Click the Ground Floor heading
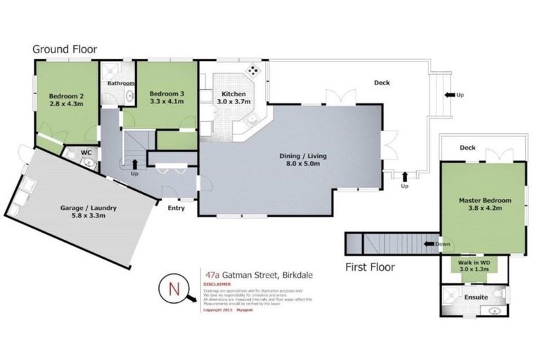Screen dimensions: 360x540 pos(65,49)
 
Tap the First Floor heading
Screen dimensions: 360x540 pos(370,266)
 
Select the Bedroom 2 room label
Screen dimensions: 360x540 pos(66,96)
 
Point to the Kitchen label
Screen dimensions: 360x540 pos(233,94)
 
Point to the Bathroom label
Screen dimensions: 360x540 pos(120,84)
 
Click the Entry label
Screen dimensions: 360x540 pos(176,208)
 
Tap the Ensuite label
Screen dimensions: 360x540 pos(476,297)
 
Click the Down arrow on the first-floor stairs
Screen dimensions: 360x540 pos(430,244)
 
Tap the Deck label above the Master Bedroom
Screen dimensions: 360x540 pos(468,148)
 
